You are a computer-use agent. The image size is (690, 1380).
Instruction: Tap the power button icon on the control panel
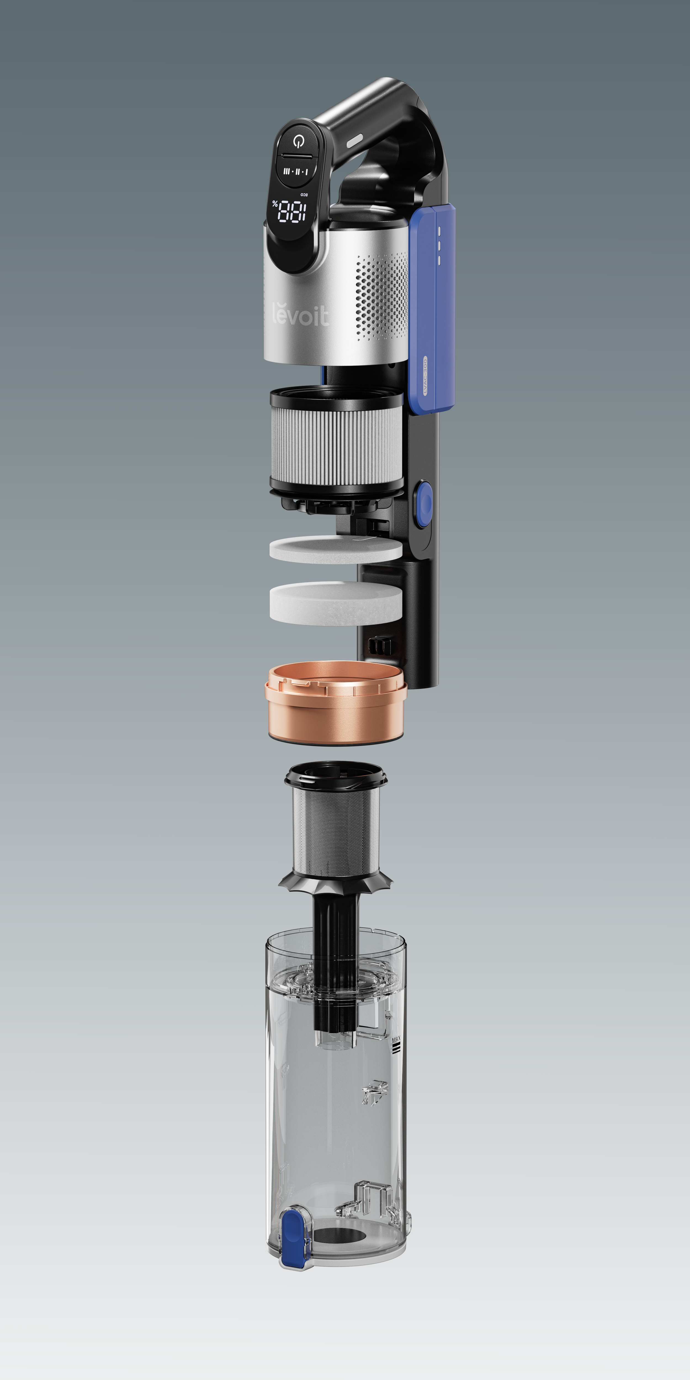pyautogui.click(x=298, y=141)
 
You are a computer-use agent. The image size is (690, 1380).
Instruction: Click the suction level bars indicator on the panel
pyautogui.click(x=296, y=171)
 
